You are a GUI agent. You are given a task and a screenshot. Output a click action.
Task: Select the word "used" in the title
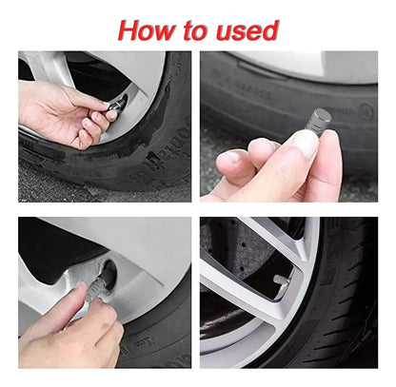tap(247, 30)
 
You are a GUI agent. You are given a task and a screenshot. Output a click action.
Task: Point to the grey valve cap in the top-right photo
tap(318, 119)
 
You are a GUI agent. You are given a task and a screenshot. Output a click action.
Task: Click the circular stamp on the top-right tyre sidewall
tap(368, 110)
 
